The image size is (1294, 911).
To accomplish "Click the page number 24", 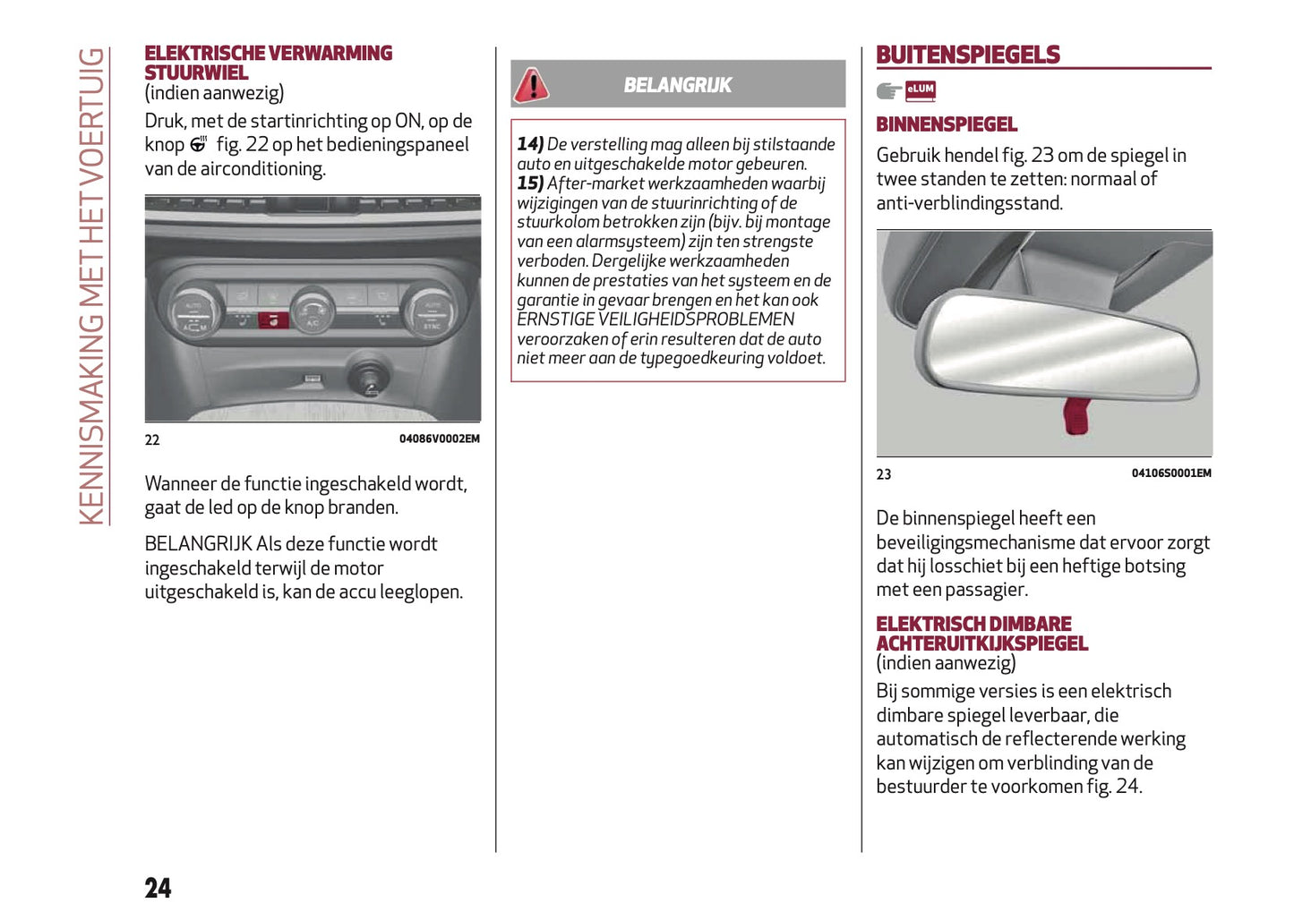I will click(x=158, y=888).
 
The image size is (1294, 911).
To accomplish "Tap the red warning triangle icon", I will click(x=531, y=85).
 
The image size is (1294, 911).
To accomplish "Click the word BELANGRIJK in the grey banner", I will click(x=677, y=85).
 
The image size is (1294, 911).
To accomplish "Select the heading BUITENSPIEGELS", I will click(x=967, y=55).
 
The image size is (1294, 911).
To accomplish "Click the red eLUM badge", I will click(x=920, y=89).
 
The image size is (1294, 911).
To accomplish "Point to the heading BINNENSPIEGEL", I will click(x=947, y=124).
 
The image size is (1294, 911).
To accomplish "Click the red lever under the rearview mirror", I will click(x=1075, y=415).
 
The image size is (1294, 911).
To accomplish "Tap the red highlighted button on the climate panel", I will click(x=273, y=319).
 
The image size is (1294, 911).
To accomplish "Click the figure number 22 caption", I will click(x=152, y=439).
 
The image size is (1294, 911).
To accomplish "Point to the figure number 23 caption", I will click(x=884, y=474).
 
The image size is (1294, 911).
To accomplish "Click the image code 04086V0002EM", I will click(x=439, y=438).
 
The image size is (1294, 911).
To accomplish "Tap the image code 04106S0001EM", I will click(x=1170, y=473).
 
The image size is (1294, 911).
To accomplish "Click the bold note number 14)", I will click(x=530, y=144).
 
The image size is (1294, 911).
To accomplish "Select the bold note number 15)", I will click(x=530, y=183).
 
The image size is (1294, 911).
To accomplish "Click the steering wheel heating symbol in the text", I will click(x=199, y=144).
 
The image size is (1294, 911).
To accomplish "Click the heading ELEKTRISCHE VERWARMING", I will click(x=269, y=54).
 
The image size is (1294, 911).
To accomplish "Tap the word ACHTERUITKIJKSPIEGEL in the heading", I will click(x=981, y=643).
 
